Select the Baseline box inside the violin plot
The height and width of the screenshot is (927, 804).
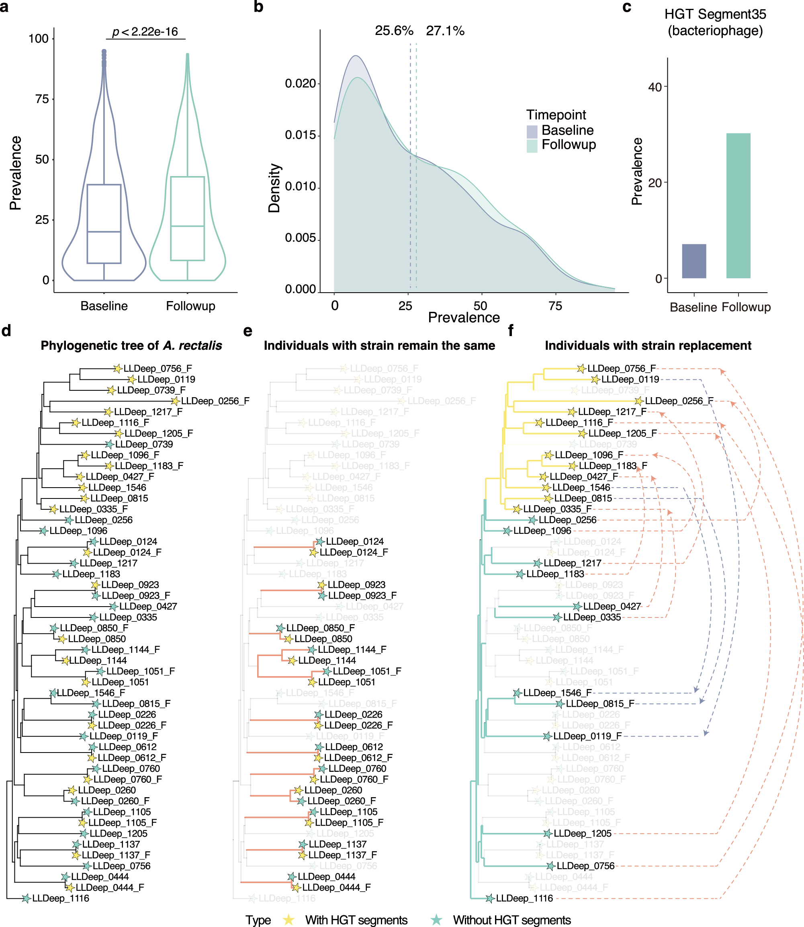(x=104, y=224)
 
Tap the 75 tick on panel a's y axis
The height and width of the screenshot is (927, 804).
(x=42, y=99)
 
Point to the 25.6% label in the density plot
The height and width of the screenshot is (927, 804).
(x=394, y=31)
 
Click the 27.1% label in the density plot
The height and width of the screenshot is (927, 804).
(x=445, y=31)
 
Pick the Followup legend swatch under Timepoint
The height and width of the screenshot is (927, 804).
(x=532, y=146)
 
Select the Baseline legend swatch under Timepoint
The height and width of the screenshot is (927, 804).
(x=532, y=131)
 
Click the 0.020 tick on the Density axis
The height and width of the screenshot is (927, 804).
(x=300, y=84)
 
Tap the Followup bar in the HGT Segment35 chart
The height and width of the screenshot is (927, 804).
(x=738, y=205)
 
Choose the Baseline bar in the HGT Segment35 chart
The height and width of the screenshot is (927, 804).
(x=694, y=261)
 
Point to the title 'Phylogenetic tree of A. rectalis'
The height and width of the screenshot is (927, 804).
(x=131, y=345)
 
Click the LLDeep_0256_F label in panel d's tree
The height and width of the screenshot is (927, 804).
(x=215, y=401)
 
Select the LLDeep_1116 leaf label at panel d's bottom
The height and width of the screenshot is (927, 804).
(x=61, y=898)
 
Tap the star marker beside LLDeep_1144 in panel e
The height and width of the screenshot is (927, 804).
(x=292, y=660)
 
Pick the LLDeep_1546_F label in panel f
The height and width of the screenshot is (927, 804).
(x=557, y=693)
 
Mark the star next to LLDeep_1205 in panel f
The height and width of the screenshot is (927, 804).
(x=547, y=834)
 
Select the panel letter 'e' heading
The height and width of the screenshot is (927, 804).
(x=247, y=331)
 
